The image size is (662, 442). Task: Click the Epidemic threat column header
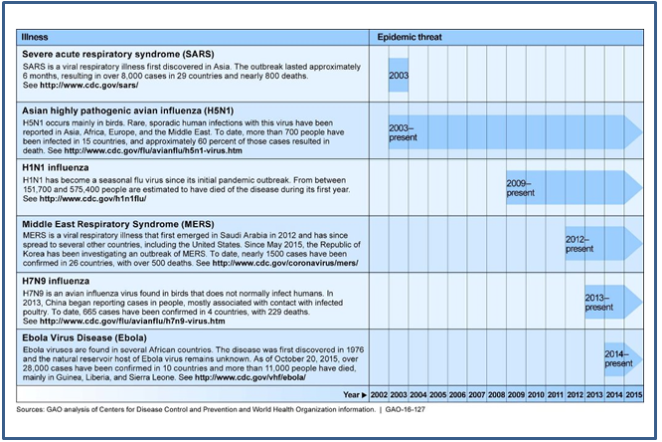tap(410, 37)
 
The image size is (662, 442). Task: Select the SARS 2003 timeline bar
tap(398, 76)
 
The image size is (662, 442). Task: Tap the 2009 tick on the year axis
tap(515, 396)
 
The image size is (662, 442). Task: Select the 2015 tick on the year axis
tap(632, 396)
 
